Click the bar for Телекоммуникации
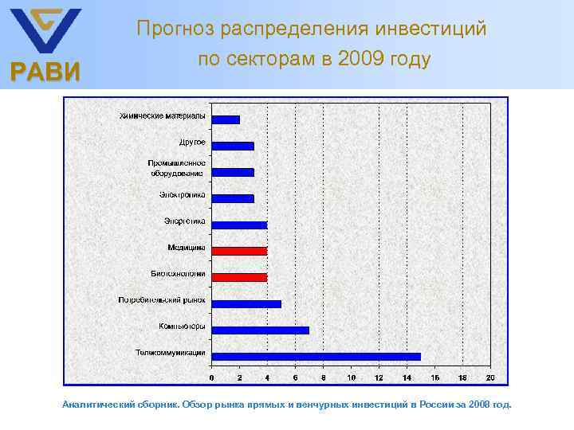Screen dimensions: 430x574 (316, 356)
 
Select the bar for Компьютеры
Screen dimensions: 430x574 (260, 330)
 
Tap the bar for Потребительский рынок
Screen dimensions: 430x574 (246, 303)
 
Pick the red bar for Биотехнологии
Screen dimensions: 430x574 (239, 277)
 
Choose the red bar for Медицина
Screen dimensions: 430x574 (239, 251)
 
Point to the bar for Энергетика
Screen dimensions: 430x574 (239, 225)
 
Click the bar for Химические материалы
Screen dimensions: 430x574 (226, 119)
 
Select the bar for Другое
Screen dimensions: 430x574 (233, 146)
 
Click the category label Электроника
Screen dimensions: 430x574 (183, 194)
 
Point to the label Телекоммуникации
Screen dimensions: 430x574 (170, 352)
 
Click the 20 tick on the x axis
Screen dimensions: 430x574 (489, 377)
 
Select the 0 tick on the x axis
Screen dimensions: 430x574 (211, 377)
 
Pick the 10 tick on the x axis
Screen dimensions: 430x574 (351, 377)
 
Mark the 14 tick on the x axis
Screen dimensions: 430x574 (407, 377)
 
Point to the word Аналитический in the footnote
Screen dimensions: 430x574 (93, 405)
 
